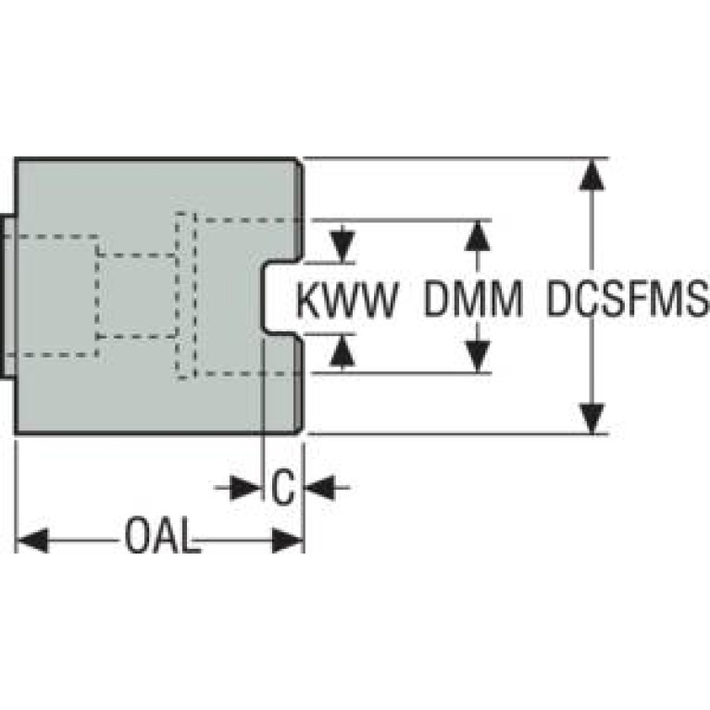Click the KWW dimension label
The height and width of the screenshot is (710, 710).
[347, 299]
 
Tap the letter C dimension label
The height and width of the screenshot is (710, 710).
[284, 486]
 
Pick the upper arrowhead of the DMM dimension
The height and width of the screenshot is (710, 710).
[477, 236]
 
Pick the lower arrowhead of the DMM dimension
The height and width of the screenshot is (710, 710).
[477, 357]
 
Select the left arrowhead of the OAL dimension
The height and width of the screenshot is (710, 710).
[31, 540]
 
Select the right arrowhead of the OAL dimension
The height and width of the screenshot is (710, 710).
[288, 540]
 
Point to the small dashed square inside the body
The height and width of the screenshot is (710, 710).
[137, 295]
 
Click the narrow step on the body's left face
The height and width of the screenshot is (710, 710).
[8, 295]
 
